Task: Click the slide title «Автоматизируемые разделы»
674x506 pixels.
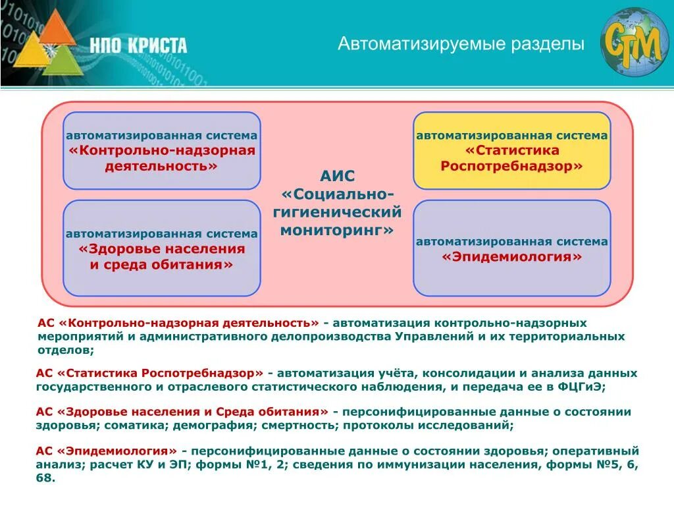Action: point(461,45)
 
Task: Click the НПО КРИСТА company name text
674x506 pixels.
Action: point(139,45)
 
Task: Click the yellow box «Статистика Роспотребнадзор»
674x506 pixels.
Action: point(511,151)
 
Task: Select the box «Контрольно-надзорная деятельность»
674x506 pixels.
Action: point(161,151)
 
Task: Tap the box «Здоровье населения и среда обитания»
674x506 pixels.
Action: point(161,248)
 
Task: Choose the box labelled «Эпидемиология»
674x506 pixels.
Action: point(511,248)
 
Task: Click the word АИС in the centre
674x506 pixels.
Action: point(337,177)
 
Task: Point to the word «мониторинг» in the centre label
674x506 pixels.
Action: point(337,230)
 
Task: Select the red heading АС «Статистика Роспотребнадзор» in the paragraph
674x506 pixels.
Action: point(150,373)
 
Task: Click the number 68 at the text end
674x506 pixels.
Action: point(45,478)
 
